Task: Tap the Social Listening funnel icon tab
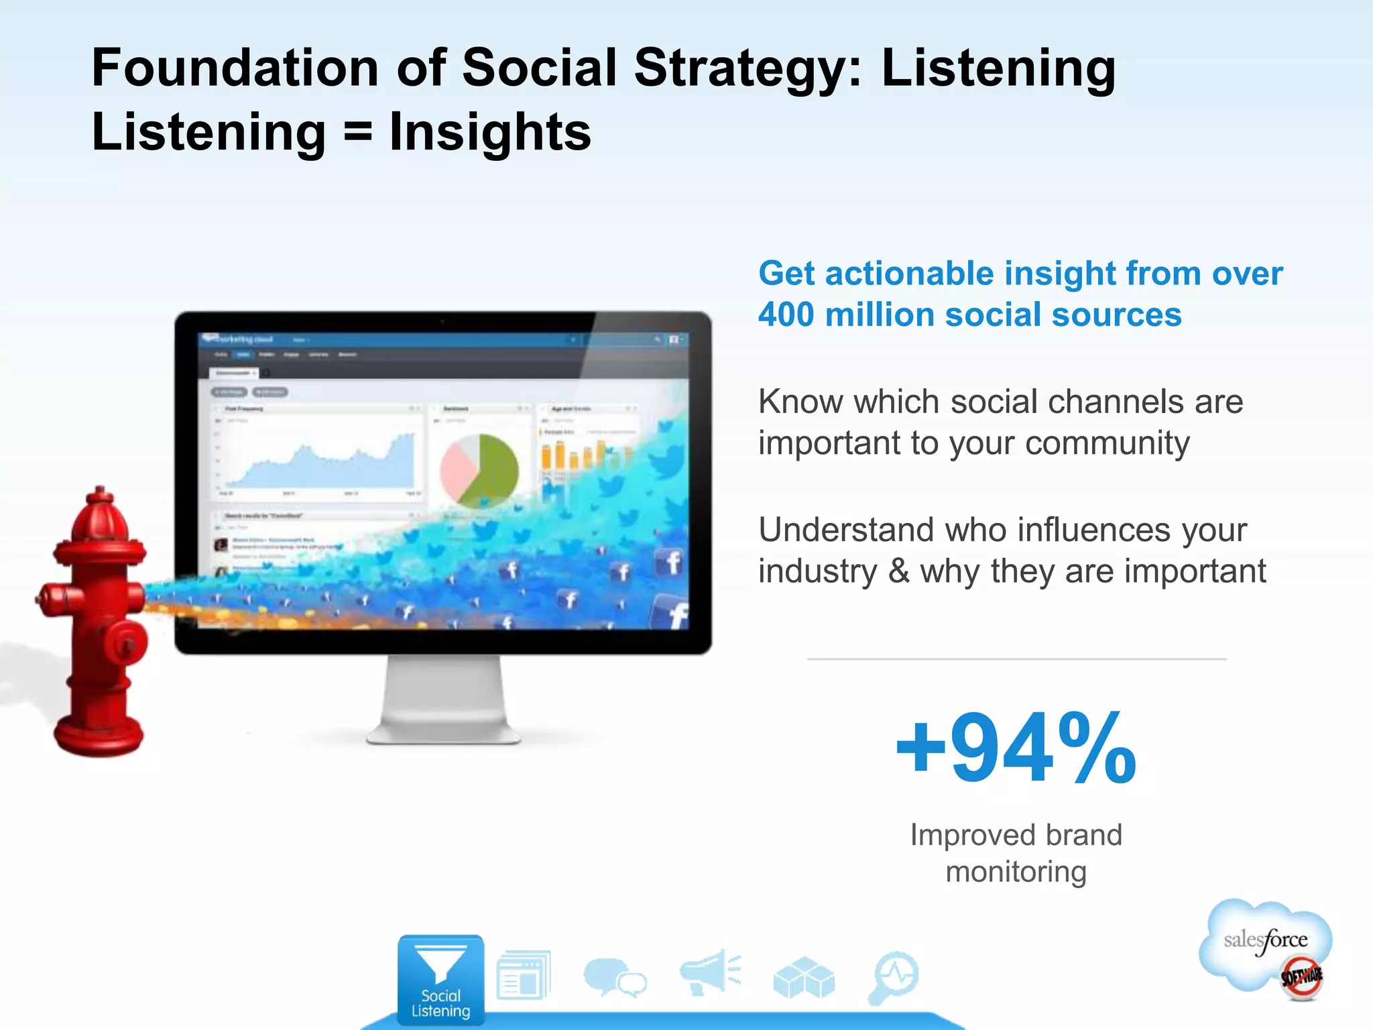(x=440, y=980)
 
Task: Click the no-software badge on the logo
(x=1301, y=976)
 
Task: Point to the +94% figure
(x=1016, y=749)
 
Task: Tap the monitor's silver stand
(x=442, y=701)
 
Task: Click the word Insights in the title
(x=490, y=132)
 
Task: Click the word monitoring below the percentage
(x=1016, y=872)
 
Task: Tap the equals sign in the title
(x=357, y=132)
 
